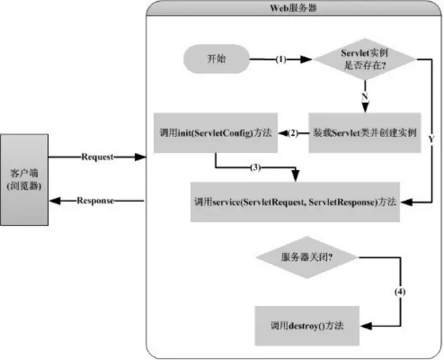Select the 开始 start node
[216, 59]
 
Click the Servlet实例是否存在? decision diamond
[365, 59]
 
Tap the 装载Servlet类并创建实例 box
[365, 133]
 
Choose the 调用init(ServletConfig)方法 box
[216, 133]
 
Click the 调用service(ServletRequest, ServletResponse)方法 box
[295, 201]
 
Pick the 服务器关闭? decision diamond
[308, 258]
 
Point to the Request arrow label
[97, 156]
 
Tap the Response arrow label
[97, 201]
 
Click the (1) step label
[281, 60]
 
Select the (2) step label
[293, 133]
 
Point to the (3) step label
[254, 168]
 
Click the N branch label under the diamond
[365, 96]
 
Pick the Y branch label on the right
[432, 137]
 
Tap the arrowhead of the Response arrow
[55, 201]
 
